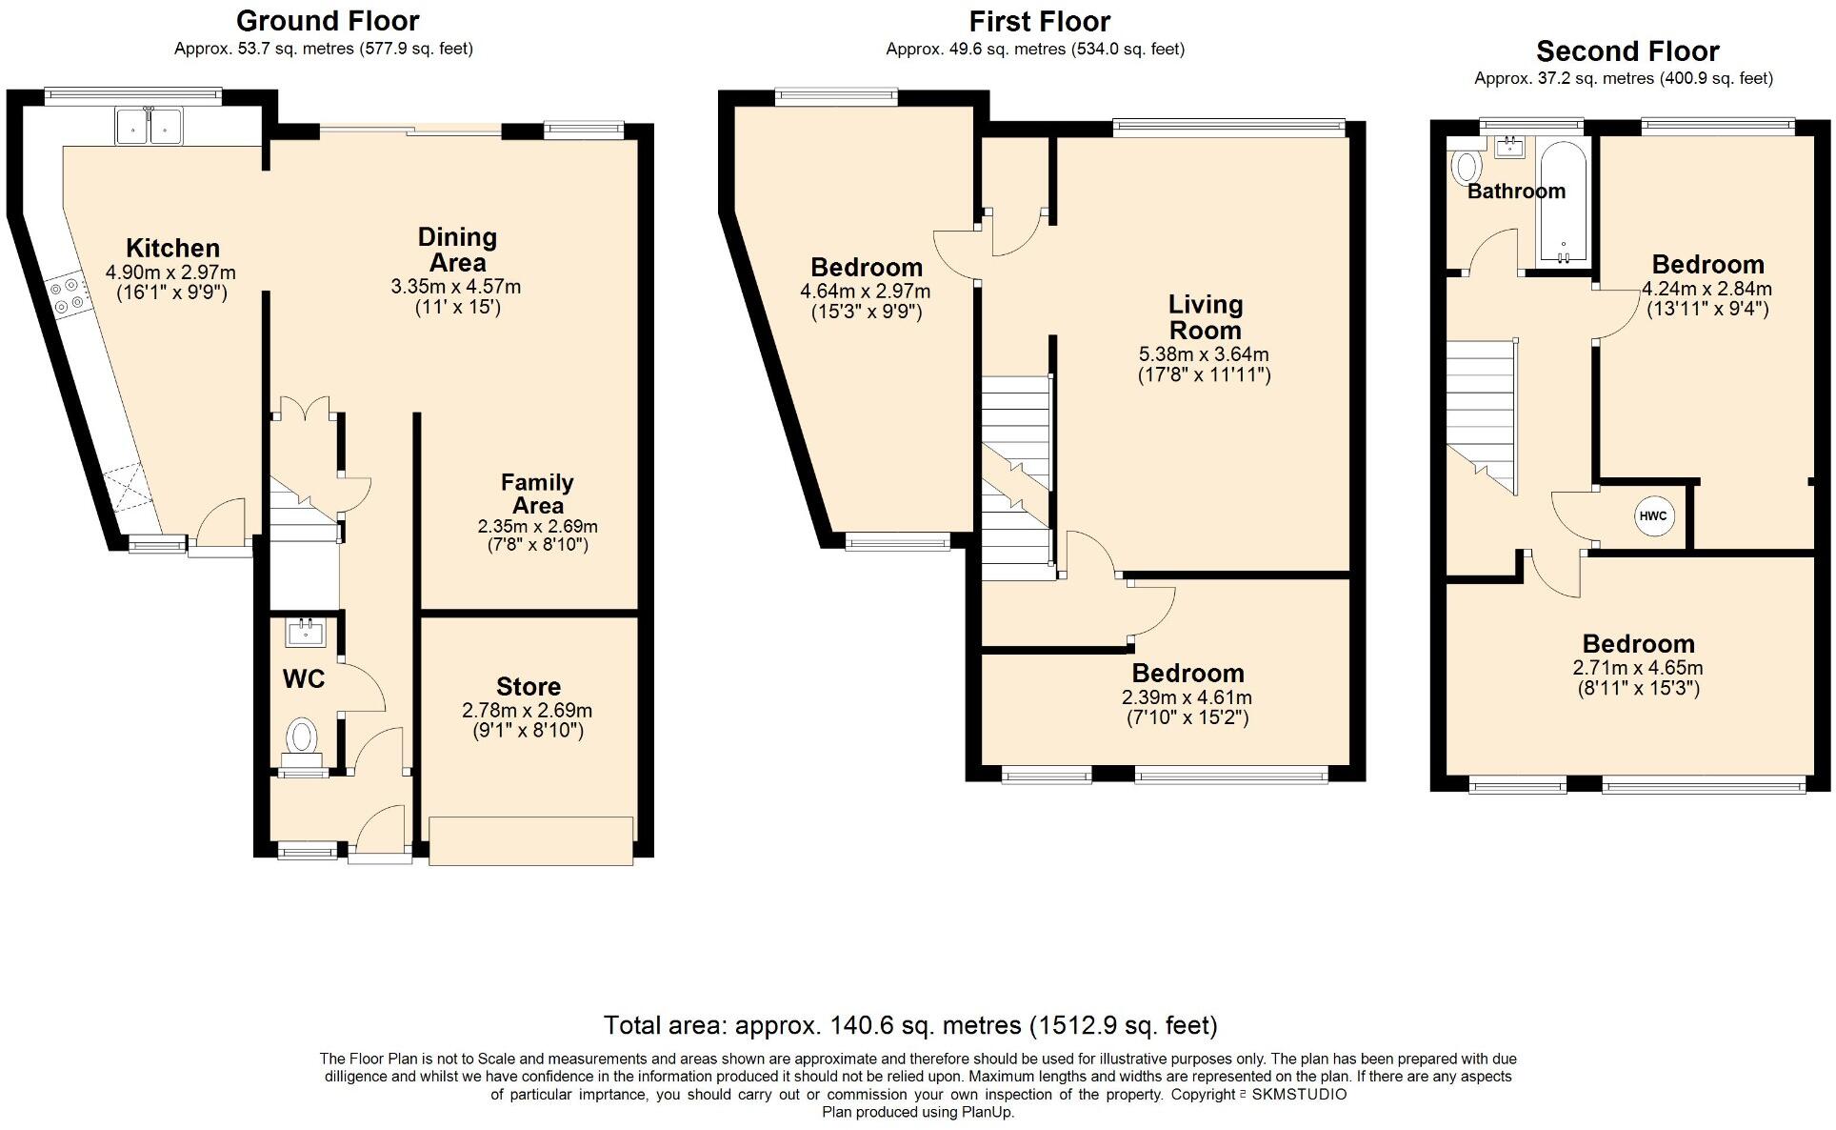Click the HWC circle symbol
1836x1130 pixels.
pos(1653,516)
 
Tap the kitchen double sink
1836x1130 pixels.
pos(149,126)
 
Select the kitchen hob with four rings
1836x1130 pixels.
pos(69,295)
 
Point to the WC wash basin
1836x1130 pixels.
pos(306,632)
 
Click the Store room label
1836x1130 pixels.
pos(529,686)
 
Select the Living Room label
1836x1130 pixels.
pos(1206,317)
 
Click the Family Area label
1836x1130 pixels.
pos(538,494)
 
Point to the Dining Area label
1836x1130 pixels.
pos(458,250)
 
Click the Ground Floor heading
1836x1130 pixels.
pos(328,20)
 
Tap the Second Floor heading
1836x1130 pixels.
pos(1627,50)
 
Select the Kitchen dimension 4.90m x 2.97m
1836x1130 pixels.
pos(170,273)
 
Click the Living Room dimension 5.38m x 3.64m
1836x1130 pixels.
pos(1205,354)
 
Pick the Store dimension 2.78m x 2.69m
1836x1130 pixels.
pos(528,711)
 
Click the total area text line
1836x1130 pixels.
pos(910,1025)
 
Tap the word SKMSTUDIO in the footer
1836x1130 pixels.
pos(1299,1095)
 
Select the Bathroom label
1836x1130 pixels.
pos(1516,192)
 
